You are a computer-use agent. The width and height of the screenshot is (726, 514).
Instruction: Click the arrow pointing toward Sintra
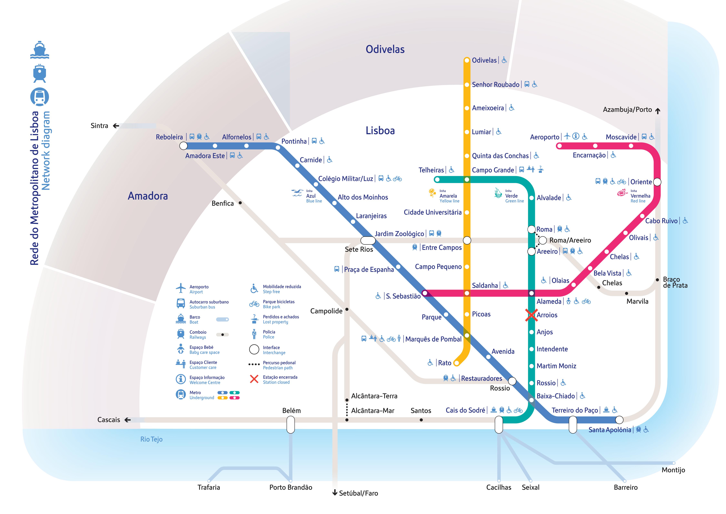(116, 126)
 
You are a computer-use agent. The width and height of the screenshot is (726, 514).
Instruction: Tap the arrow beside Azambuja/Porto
(658, 111)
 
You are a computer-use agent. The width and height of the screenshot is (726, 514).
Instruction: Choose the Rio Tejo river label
(151, 439)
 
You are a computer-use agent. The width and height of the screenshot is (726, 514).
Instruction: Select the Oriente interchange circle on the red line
(657, 182)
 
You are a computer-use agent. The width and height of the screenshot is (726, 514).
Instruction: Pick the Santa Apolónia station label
(610, 430)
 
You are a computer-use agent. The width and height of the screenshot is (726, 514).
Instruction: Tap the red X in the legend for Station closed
(254, 379)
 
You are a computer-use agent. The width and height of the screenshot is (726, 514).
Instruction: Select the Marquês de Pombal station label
(433, 339)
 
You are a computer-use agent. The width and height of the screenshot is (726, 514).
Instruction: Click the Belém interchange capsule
(291, 425)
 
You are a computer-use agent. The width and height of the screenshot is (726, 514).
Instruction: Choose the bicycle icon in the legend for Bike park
(254, 304)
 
